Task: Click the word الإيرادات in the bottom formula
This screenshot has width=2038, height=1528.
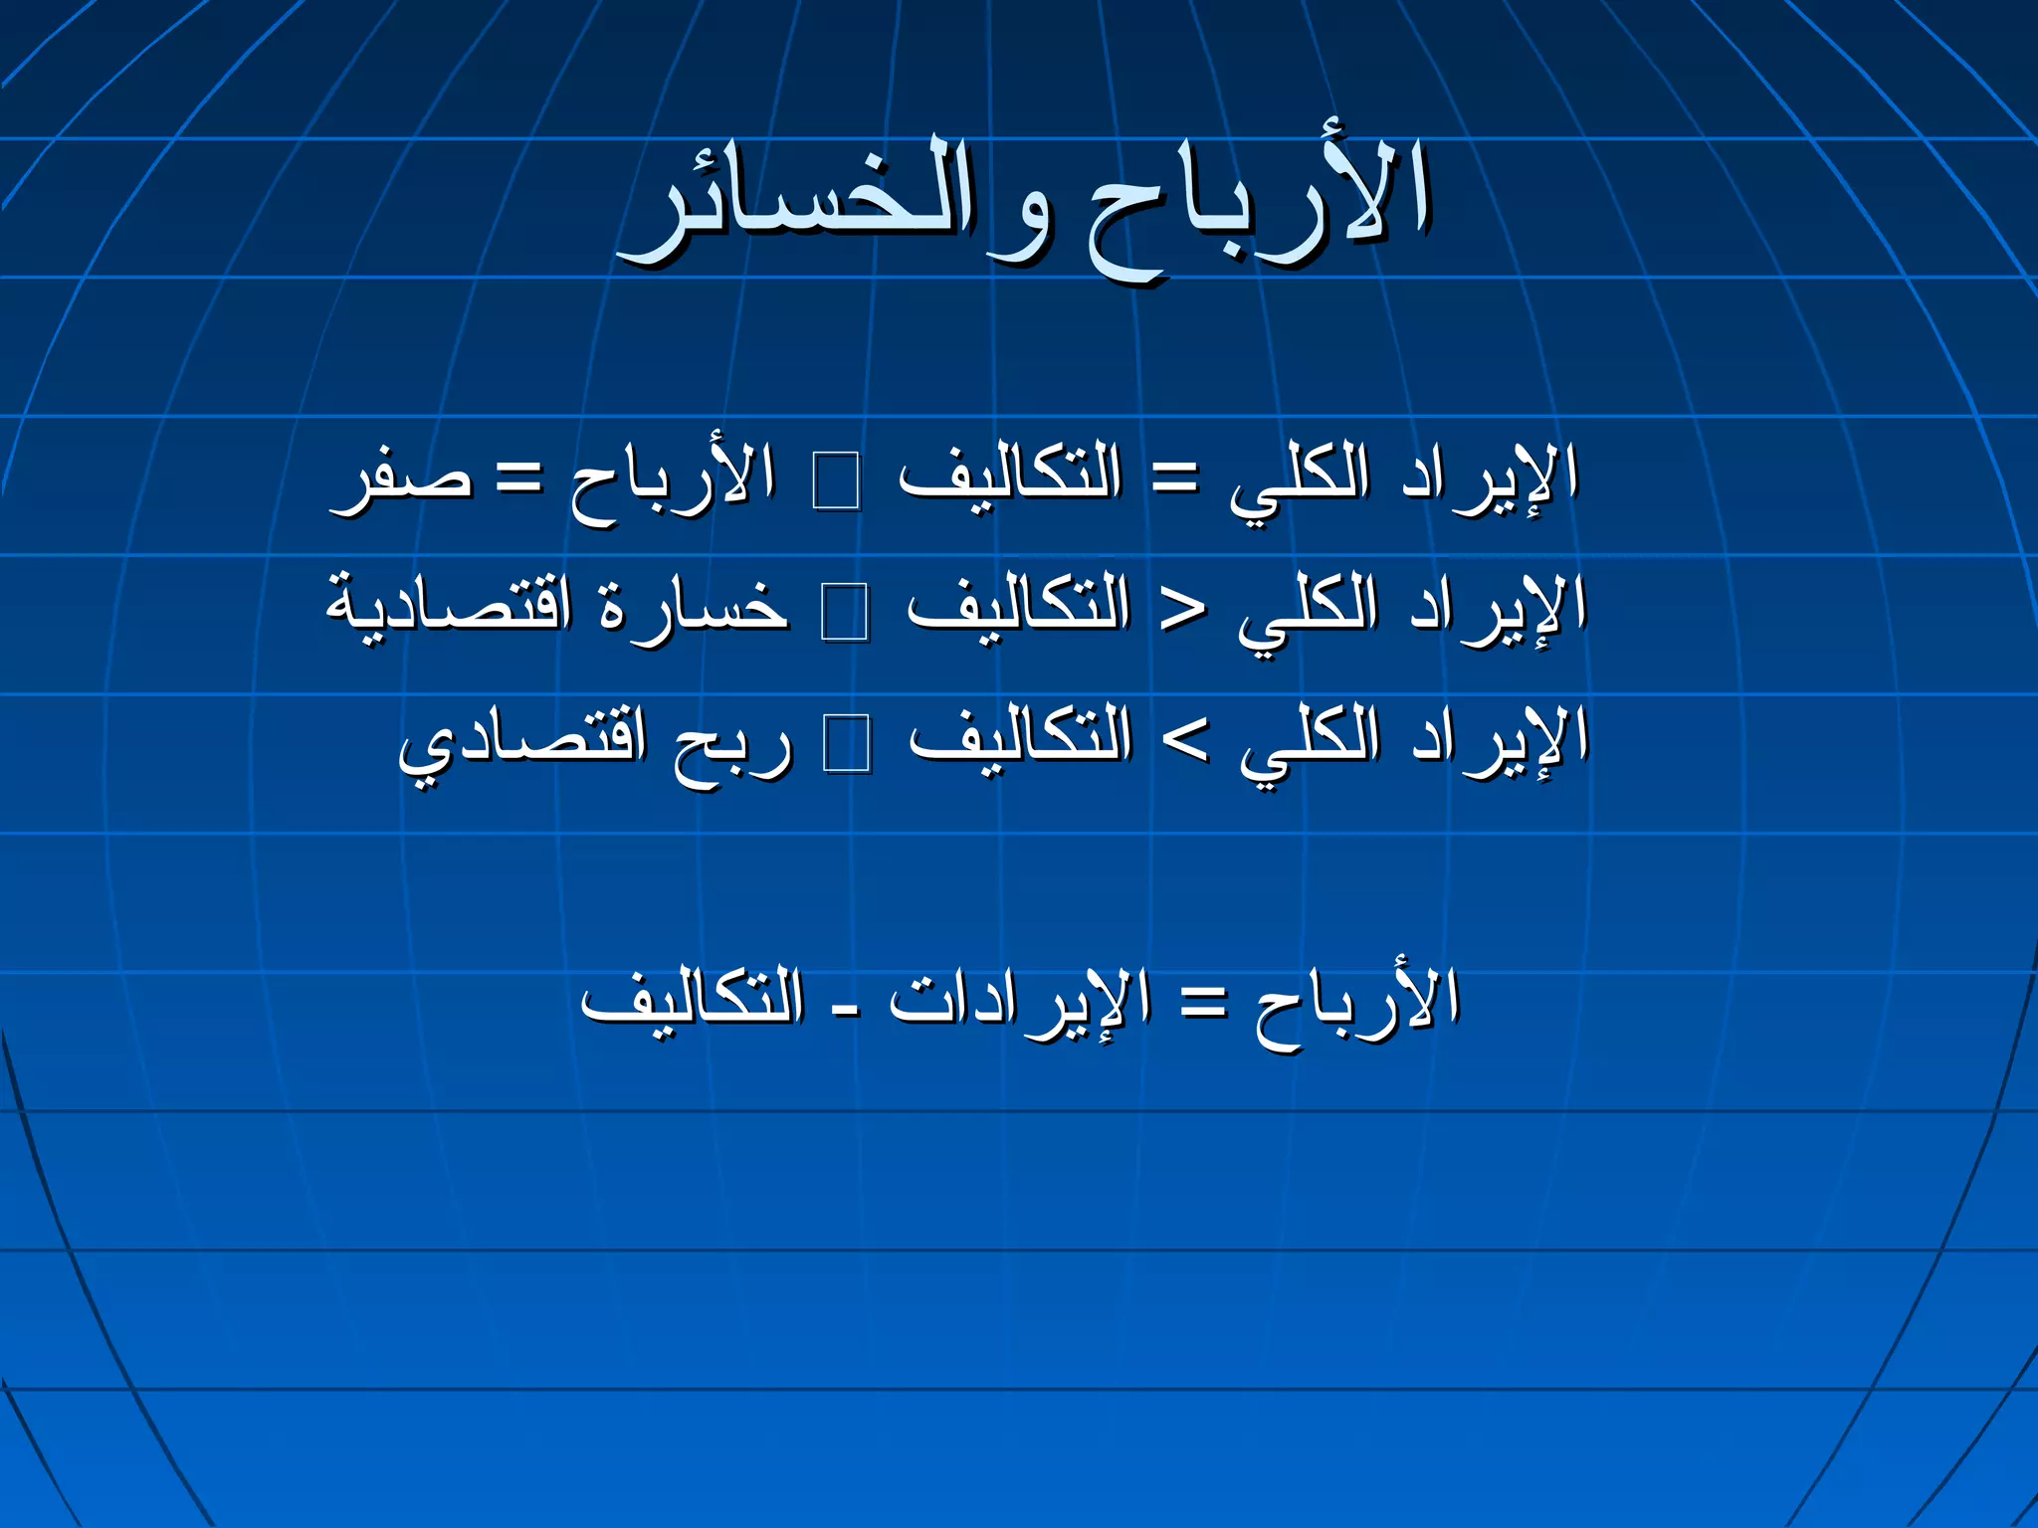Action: point(1020,1000)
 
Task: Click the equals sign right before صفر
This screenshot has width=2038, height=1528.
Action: point(519,478)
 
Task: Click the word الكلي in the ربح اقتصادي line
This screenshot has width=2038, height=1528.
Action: point(1311,741)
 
